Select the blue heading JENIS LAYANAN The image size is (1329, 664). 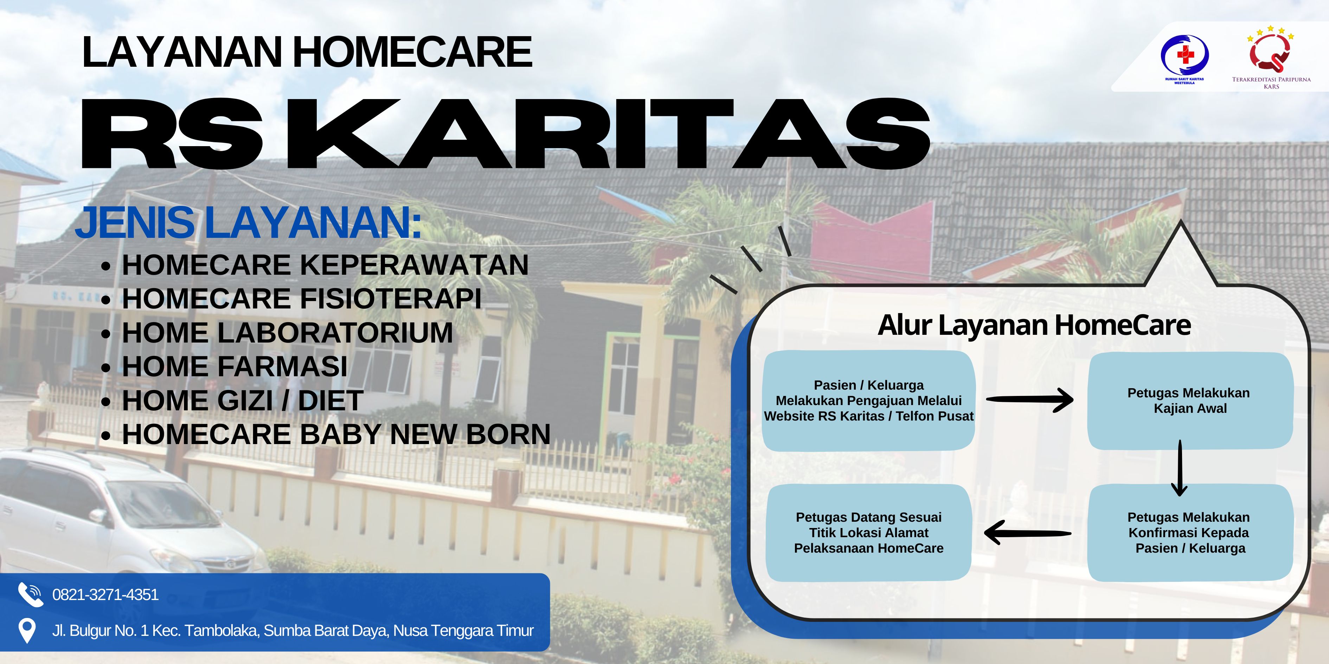249,223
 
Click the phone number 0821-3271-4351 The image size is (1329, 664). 105,595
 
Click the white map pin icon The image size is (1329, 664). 27,631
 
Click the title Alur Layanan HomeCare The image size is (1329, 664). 1034,325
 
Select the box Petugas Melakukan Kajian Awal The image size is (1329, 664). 1190,401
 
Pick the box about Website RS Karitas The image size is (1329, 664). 868,401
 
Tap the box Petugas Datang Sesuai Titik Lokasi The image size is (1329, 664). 869,533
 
